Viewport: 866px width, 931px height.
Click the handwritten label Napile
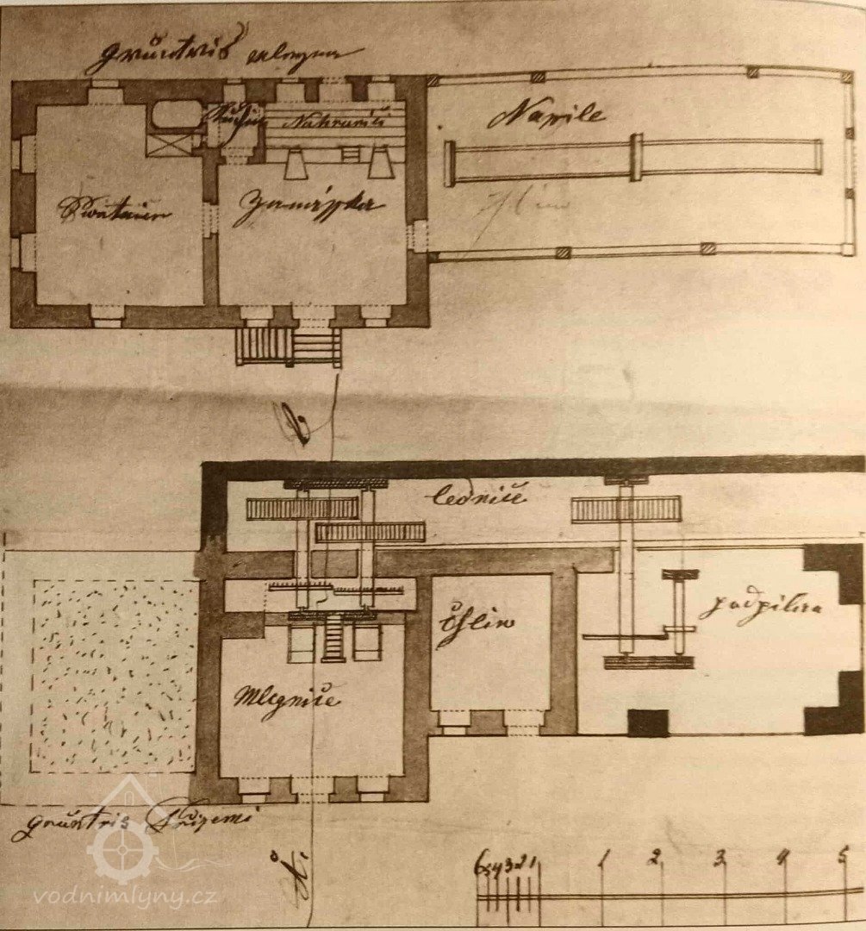pyautogui.click(x=546, y=115)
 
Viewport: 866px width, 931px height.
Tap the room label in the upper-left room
pyautogui.click(x=114, y=209)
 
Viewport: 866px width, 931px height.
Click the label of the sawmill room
pyautogui.click(x=759, y=609)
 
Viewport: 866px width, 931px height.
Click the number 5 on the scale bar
pyautogui.click(x=843, y=857)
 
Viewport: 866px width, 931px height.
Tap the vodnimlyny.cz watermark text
pyautogui.click(x=125, y=897)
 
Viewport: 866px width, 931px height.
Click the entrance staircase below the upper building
pyautogui.click(x=289, y=347)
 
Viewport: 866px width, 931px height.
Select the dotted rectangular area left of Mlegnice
pyautogui.click(x=114, y=675)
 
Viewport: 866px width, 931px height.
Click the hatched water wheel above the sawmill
pyautogui.click(x=626, y=509)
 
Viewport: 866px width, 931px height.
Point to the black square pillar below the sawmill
pyautogui.click(x=648, y=722)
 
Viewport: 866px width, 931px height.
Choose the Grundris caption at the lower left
pyautogui.click(x=129, y=819)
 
